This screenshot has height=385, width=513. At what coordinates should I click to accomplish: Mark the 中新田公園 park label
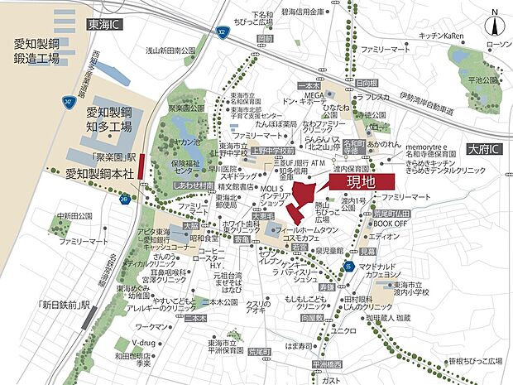[72, 216]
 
